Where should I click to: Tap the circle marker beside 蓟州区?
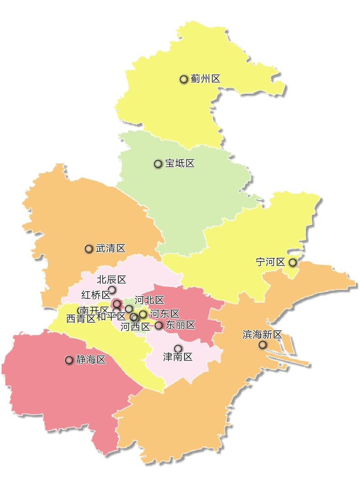click(184, 79)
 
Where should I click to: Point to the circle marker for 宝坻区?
click(158, 164)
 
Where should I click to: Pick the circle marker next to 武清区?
click(89, 248)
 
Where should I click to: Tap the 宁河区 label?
click(270, 262)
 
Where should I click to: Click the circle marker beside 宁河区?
click(292, 262)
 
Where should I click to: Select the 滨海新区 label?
click(262, 334)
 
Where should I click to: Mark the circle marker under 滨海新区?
click(262, 345)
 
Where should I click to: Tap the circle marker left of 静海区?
click(69, 360)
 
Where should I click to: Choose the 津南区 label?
click(178, 357)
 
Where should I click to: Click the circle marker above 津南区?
click(178, 348)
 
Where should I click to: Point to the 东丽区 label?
click(180, 325)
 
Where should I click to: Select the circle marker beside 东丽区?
click(158, 325)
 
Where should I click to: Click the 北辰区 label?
click(112, 280)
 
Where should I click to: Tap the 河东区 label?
click(164, 313)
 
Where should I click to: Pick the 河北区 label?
click(149, 300)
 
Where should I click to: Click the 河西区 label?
click(135, 327)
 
